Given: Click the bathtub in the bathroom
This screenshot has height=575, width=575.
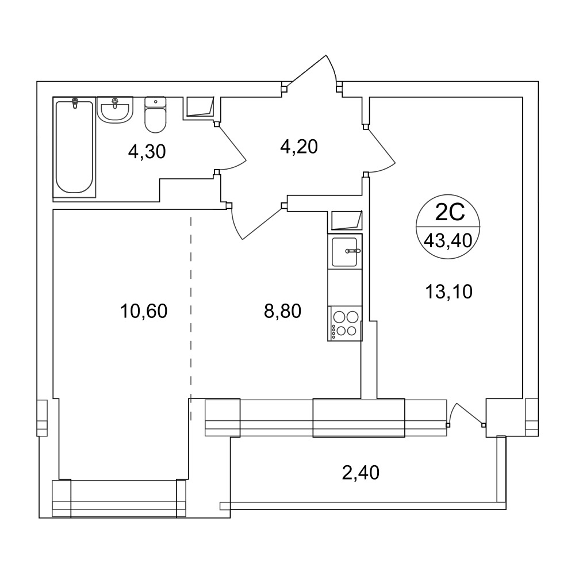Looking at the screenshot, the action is click(x=74, y=147).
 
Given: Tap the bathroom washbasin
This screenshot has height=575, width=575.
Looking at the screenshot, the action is click(x=115, y=110).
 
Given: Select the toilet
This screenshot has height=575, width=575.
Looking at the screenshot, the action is click(x=155, y=114).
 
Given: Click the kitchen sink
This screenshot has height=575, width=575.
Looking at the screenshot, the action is click(x=344, y=252).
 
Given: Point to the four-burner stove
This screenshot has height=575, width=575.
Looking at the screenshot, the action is click(x=344, y=324).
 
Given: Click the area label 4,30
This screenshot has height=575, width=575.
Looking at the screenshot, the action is click(x=147, y=151).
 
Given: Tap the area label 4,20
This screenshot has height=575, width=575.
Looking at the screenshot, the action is click(x=299, y=147).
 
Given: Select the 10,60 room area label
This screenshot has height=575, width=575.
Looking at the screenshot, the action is click(x=144, y=311).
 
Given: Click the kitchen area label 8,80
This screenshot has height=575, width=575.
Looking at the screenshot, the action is click(x=282, y=311).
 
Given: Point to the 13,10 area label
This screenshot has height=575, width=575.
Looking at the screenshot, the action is click(x=449, y=292).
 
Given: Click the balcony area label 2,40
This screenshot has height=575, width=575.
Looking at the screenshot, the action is click(x=361, y=473).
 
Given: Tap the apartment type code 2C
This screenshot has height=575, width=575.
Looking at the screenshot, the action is click(x=450, y=212).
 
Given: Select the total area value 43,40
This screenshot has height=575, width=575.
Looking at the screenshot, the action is click(x=448, y=241).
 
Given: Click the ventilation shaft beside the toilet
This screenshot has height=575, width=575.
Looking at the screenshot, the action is click(x=200, y=107).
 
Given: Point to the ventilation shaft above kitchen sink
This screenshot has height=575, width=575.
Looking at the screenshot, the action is click(x=347, y=220).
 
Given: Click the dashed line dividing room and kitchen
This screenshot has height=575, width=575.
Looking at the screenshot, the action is click(x=191, y=320).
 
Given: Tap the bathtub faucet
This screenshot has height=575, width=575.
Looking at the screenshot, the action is click(x=75, y=103).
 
